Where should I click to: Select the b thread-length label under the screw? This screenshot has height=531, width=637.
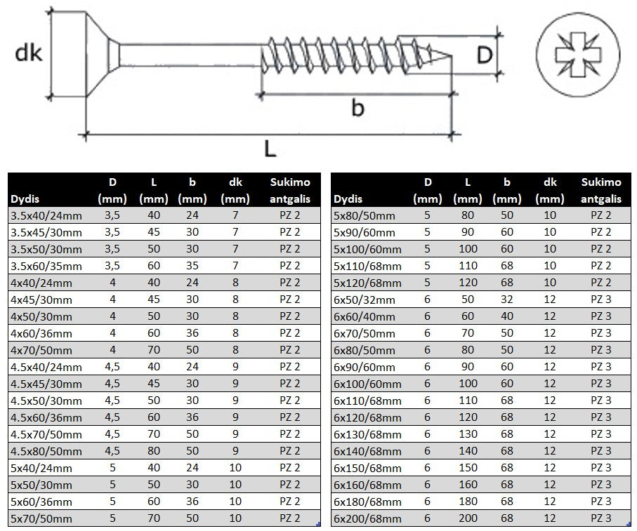(357, 109)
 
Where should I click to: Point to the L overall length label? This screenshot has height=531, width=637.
(270, 148)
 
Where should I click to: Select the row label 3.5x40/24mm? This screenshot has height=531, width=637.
(46, 215)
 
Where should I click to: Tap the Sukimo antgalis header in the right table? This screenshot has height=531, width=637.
(601, 190)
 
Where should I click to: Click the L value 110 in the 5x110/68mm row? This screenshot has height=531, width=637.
(468, 266)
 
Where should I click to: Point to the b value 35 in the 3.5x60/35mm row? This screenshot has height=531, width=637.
(192, 266)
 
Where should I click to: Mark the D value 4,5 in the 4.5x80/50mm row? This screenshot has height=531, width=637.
(112, 451)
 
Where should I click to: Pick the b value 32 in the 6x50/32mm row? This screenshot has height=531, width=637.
(506, 300)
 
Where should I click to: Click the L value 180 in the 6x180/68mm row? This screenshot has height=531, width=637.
(468, 502)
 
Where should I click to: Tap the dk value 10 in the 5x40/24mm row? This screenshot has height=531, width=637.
(235, 468)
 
